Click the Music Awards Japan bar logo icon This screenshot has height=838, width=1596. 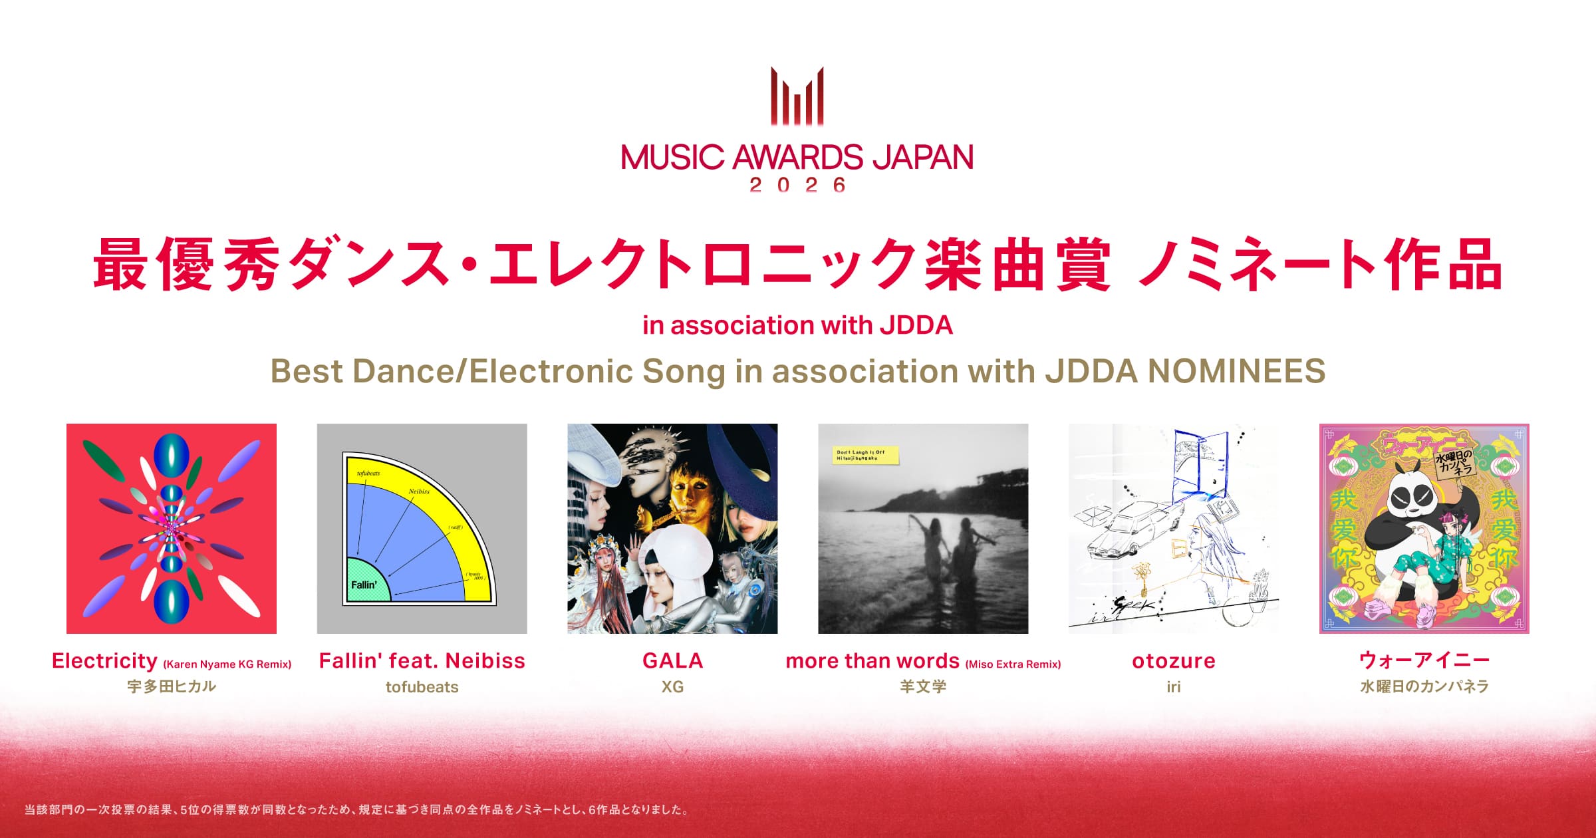797,96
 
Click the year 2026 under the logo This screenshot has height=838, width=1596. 797,185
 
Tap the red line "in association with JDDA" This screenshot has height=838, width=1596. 797,325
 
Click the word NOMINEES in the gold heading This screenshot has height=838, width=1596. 1236,371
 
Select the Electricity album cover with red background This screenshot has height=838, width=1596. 172,528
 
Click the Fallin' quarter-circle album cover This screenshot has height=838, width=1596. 422,528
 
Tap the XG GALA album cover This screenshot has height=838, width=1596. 672,528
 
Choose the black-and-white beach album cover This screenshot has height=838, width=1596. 923,528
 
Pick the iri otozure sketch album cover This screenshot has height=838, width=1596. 1173,528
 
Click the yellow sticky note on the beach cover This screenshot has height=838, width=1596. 865,455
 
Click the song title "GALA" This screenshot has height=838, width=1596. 672,660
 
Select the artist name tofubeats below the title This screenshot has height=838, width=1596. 422,686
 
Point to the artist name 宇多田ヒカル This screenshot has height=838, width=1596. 172,686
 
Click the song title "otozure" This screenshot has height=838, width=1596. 1173,660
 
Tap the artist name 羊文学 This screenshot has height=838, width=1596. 923,686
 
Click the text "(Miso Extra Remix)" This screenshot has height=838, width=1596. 1013,664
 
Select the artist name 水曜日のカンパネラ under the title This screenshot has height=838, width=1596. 1424,686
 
